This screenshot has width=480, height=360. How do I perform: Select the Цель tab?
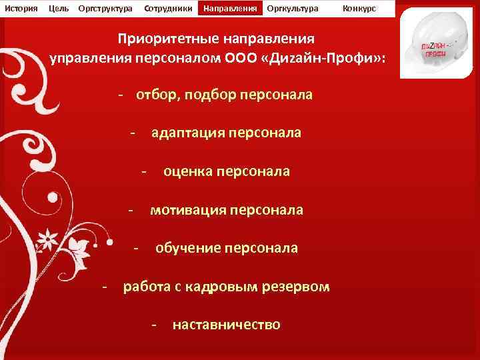click(59, 9)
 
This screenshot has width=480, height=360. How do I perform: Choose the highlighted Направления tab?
click(230, 9)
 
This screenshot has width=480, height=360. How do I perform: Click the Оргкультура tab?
click(292, 9)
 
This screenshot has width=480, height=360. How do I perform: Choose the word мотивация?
click(187, 210)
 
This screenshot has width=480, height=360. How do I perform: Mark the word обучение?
click(188, 248)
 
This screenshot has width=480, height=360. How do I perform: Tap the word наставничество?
click(226, 325)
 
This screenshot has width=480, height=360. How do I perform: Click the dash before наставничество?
click(154, 325)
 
